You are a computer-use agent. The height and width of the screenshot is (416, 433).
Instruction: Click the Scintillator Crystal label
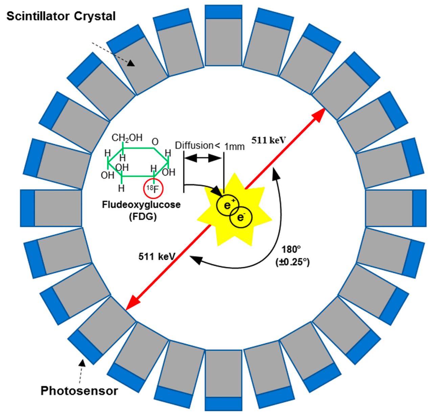pos(61,17)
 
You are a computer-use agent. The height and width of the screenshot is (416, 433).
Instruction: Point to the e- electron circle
pos(241,217)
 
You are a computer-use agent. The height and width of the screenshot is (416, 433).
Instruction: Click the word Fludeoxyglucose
pos(141,204)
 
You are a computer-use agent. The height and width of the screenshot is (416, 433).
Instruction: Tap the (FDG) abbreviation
pos(143,216)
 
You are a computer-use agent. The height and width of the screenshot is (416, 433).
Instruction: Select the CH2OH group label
pos(127,138)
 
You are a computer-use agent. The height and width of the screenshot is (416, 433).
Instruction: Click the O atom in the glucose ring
pos(155,141)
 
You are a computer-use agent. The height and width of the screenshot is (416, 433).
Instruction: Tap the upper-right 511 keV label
pos(268,140)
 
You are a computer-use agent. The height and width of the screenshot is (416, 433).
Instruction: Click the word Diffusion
pos(194,145)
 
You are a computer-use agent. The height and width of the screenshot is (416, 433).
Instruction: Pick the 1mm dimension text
pos(234,147)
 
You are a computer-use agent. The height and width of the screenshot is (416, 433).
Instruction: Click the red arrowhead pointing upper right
pos(319,115)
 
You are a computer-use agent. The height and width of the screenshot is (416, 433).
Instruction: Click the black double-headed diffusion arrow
pos(203,158)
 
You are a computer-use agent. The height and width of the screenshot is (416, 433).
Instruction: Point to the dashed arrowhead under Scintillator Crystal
pos(131,63)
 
